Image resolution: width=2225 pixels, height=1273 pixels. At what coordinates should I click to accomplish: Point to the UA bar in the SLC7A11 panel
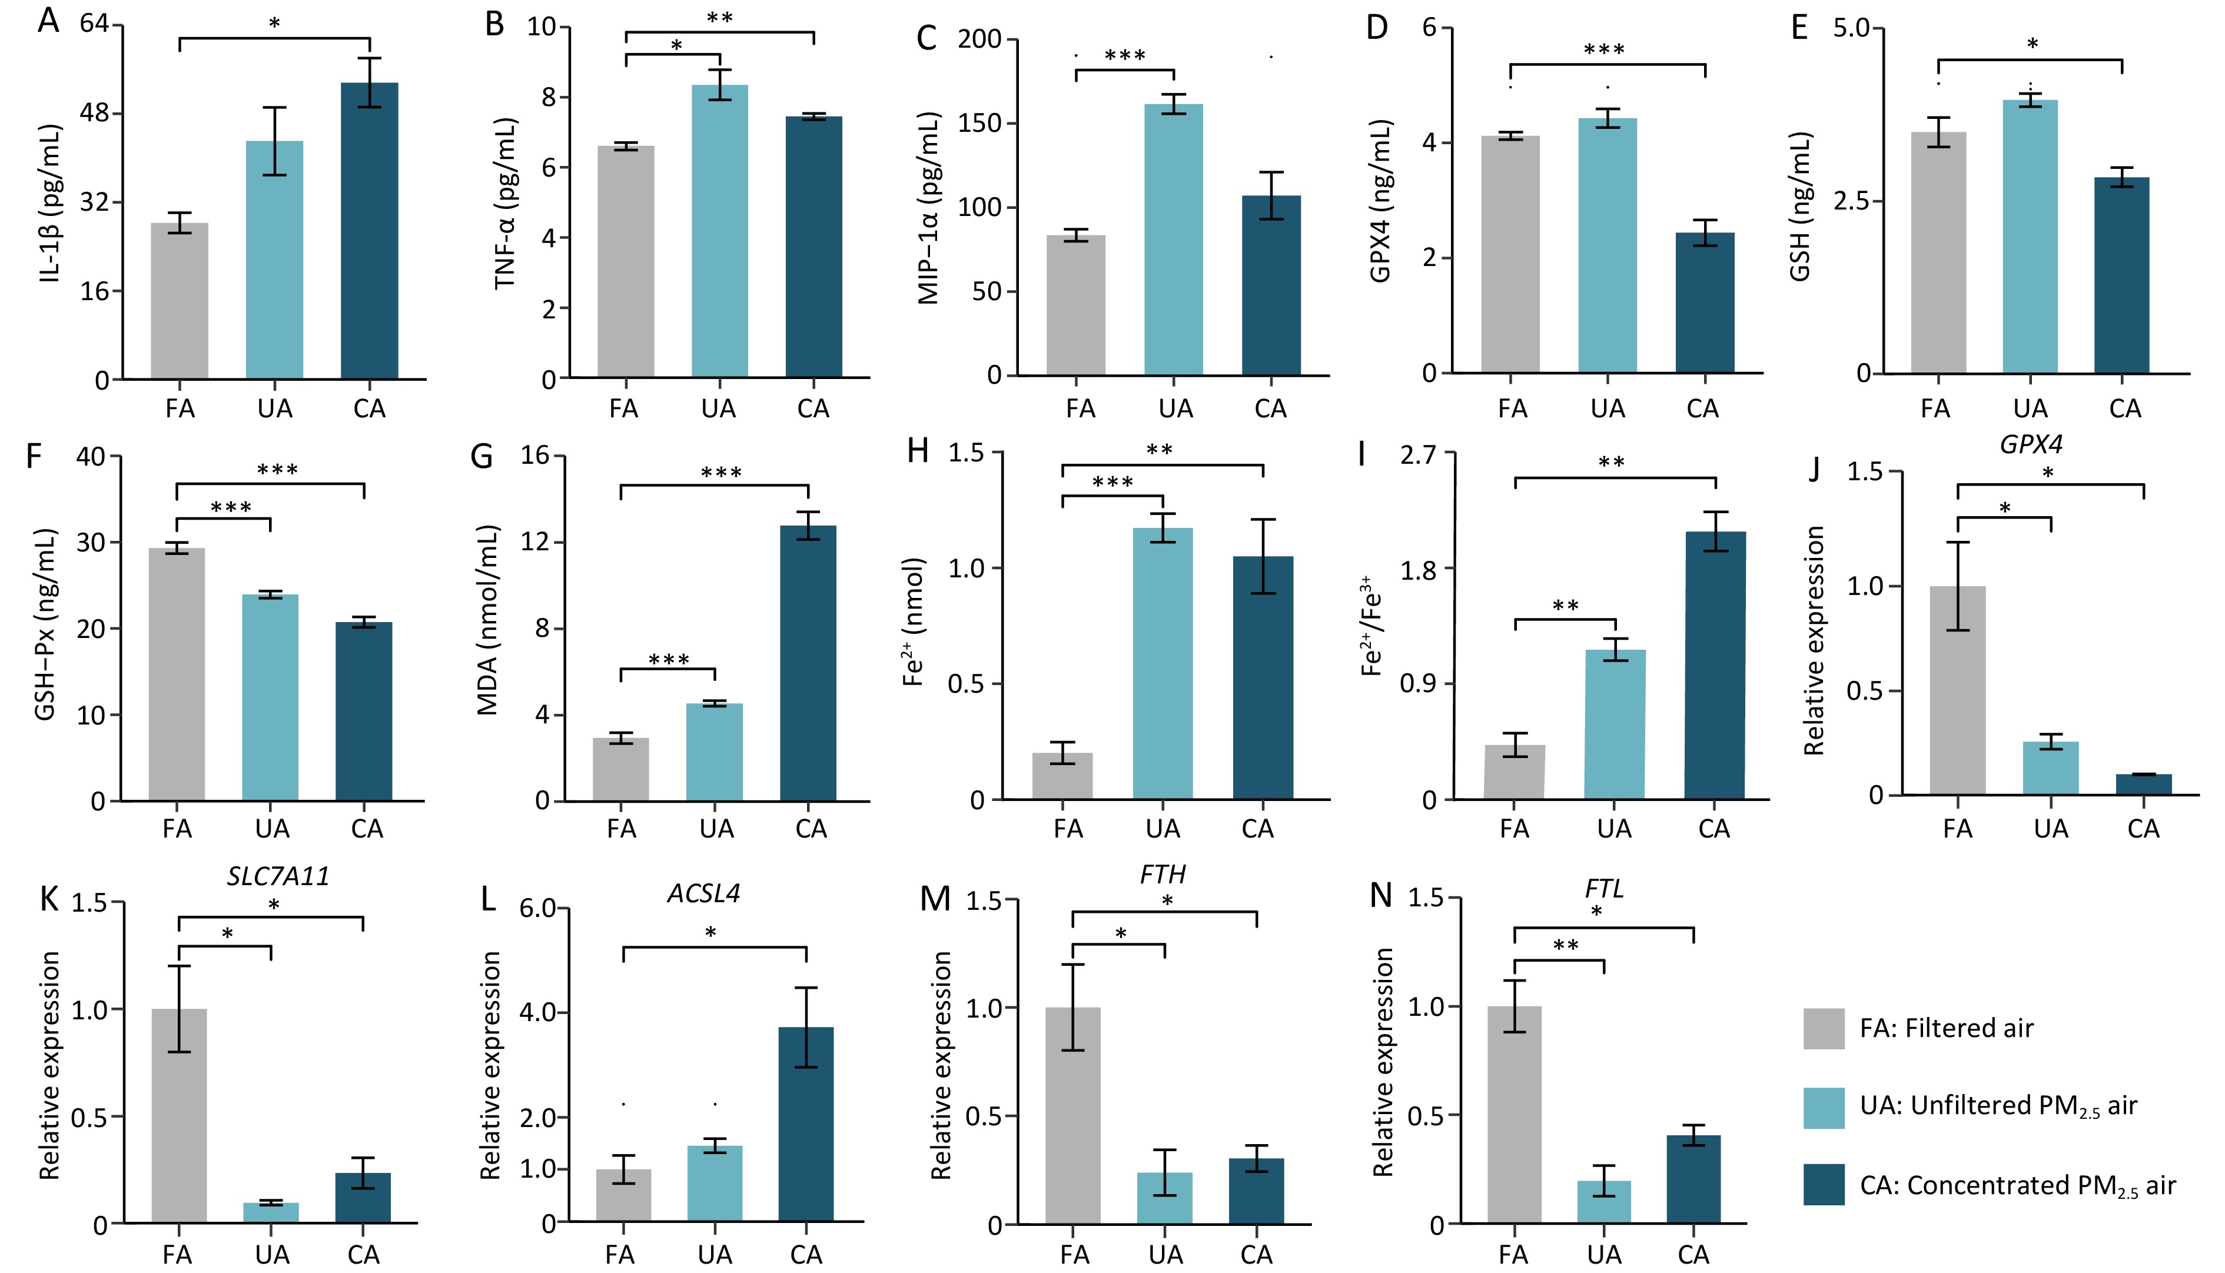point(271,1212)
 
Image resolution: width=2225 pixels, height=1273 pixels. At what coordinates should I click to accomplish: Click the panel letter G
point(481,456)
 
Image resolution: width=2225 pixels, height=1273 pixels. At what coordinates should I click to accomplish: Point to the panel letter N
point(1380,896)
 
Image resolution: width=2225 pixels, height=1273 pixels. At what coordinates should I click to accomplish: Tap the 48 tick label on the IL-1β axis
point(94,114)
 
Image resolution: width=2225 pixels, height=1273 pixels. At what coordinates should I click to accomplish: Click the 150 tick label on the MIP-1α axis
point(979,123)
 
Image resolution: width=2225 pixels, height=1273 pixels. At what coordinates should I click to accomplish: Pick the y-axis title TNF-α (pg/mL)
point(506,204)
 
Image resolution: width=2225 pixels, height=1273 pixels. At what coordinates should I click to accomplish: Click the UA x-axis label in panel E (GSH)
point(2030,408)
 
